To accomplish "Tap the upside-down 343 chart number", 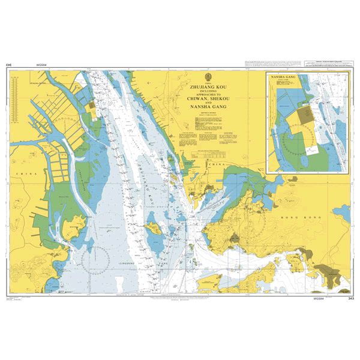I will (10, 64).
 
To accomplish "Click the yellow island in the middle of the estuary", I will (153, 227).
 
